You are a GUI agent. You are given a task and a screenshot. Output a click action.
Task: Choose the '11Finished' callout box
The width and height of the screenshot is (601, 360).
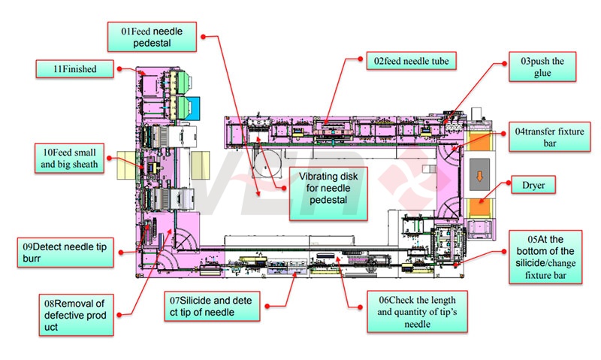click(x=76, y=68)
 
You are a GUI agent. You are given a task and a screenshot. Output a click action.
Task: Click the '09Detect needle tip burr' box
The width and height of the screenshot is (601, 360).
click(x=66, y=250)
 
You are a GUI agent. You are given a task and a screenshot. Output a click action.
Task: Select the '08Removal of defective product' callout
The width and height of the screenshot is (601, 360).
click(x=76, y=313)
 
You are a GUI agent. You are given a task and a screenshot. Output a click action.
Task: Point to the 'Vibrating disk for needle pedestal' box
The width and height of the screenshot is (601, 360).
click(x=328, y=187)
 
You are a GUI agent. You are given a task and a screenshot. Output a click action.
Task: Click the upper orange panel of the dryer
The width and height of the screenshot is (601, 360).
click(x=479, y=146)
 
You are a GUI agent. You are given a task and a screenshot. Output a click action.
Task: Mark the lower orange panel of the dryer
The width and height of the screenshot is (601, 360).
click(x=479, y=208)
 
